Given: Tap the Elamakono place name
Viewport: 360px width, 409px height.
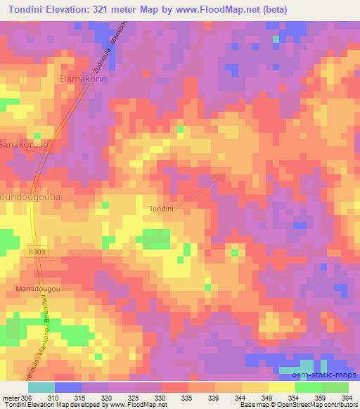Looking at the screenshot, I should [83, 79].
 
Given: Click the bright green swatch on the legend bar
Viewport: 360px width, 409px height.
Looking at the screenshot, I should [308, 387].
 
